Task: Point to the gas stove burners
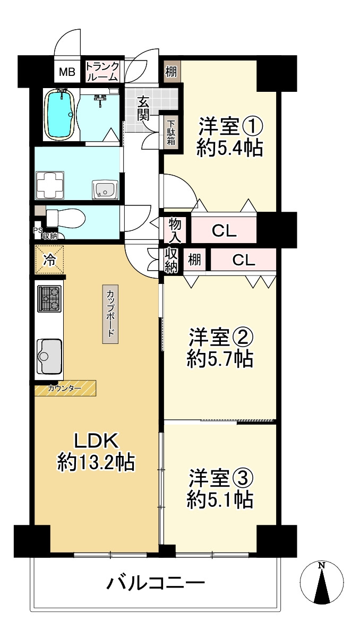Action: point(49,299)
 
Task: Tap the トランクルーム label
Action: point(102,71)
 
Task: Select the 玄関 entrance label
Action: point(143,108)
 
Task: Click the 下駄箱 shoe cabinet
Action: point(171,133)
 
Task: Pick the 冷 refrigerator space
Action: point(49,260)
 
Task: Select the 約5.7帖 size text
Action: point(219,360)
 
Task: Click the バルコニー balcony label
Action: point(156,584)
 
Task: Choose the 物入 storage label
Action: point(174,229)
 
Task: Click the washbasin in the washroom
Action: point(105,189)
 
